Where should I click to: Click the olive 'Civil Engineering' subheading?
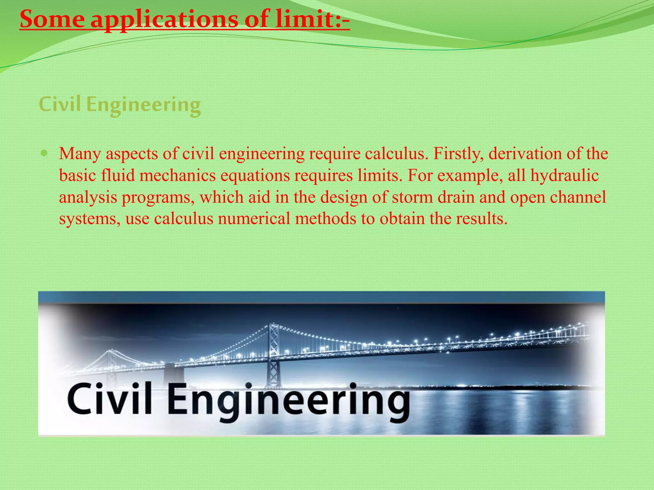120,105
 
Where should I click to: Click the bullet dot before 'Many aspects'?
45,153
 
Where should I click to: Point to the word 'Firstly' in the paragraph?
458,154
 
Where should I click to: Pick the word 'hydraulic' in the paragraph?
564,175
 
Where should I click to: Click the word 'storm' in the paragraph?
412,197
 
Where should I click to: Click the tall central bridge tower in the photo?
273,354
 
